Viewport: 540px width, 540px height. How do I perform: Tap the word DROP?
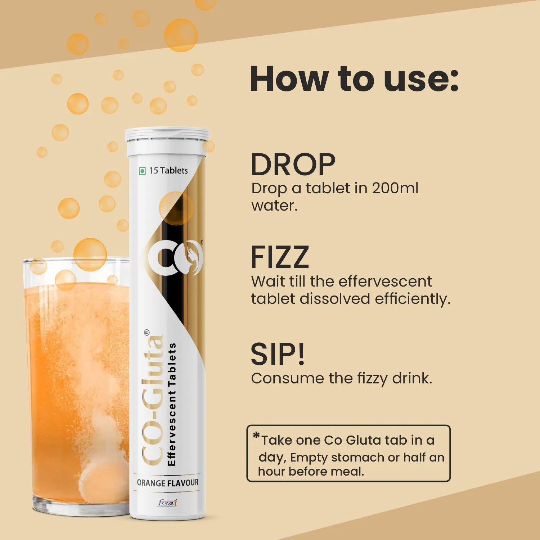(293, 165)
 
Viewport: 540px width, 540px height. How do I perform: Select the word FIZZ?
(280, 257)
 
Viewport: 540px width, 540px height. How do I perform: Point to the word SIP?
(278, 354)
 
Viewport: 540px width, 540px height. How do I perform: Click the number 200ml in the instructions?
(395, 188)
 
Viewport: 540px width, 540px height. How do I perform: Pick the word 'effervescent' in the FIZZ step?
(385, 281)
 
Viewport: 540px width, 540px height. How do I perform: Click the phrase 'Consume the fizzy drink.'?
(342, 378)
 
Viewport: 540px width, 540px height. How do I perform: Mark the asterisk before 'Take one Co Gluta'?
(256, 436)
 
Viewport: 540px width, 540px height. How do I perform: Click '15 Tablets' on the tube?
(168, 170)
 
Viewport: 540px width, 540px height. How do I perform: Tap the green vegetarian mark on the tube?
(142, 171)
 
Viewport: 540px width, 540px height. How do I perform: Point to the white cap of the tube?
(167, 140)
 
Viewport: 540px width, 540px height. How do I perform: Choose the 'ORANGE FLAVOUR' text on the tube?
(167, 483)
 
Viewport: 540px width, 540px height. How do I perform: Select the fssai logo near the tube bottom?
(167, 503)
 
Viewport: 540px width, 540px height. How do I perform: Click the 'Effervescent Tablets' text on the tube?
(172, 404)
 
